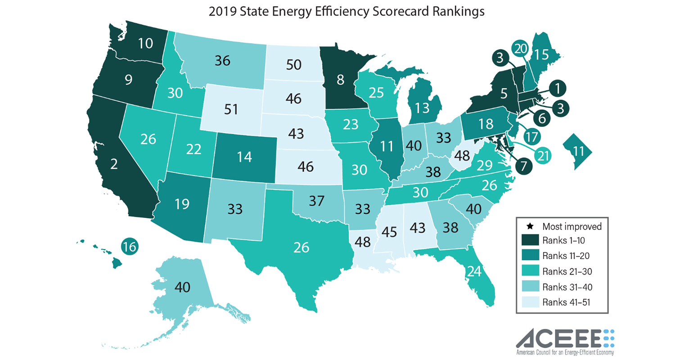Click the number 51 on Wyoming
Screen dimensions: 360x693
[x=231, y=109]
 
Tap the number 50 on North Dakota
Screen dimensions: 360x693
[x=293, y=64]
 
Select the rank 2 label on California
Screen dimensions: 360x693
[x=114, y=164]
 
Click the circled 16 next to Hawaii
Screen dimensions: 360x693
[x=130, y=246]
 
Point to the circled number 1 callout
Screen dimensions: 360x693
[x=558, y=88]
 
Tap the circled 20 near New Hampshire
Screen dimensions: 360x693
[x=520, y=49]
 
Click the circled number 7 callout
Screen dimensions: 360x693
[x=523, y=166]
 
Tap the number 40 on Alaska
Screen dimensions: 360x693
[x=182, y=287]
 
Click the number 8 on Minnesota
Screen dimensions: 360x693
[x=340, y=80]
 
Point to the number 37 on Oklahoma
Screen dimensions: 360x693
[x=317, y=201]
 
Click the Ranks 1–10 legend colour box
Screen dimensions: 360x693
[x=530, y=240]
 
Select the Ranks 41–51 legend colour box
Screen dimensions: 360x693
[x=530, y=302]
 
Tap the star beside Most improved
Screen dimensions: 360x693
[x=530, y=226]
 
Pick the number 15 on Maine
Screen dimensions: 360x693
[x=542, y=54]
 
